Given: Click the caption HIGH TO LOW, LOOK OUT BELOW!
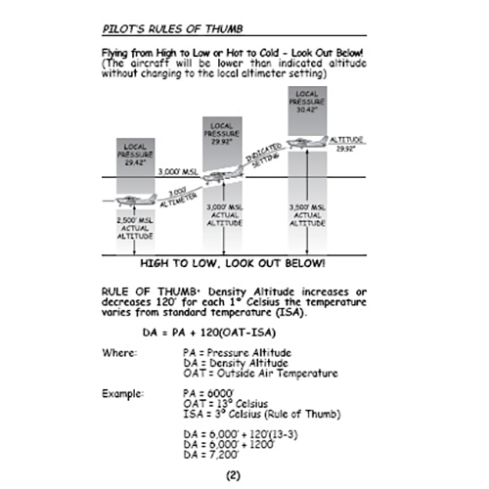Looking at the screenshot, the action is coord(234,264).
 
